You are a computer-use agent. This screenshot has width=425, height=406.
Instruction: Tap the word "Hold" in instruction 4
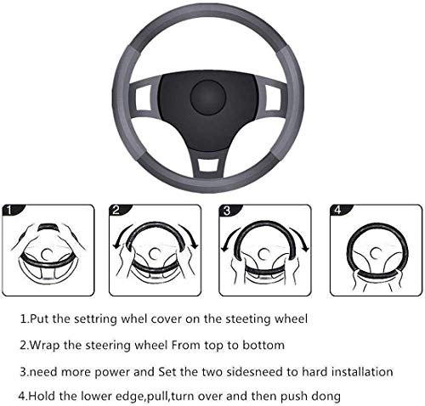click(x=47, y=397)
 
